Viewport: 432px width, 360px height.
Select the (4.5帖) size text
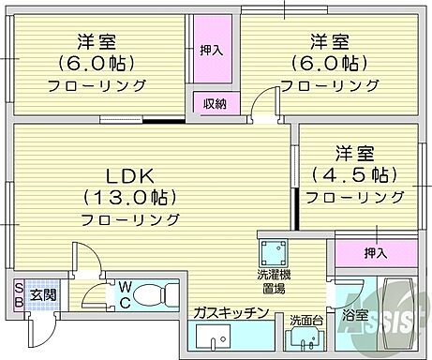356,174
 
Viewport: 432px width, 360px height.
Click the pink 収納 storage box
215,104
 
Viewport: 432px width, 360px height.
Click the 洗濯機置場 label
275,281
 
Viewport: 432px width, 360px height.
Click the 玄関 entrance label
42,294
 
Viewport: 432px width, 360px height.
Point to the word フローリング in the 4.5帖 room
356,197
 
